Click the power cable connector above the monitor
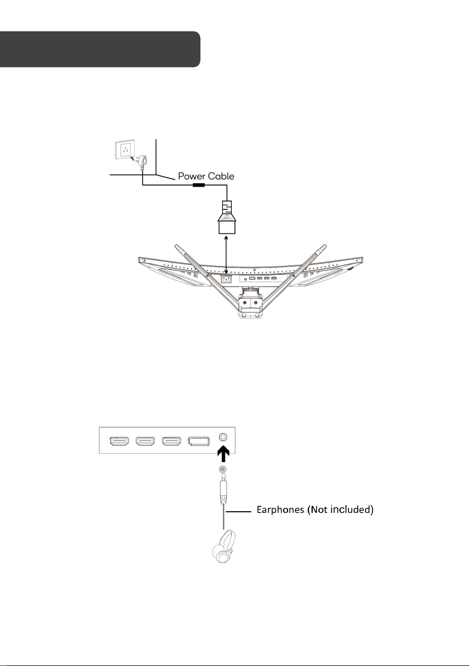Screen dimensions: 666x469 (x=227, y=217)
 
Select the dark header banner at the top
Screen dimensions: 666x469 (x=100, y=49)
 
